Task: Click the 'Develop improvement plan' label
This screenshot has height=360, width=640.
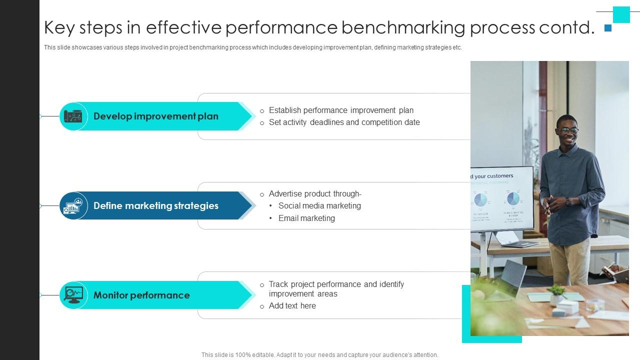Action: click(x=155, y=116)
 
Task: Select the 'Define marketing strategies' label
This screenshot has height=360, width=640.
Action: click(x=155, y=206)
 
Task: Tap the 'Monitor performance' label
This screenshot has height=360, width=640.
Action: click(x=141, y=295)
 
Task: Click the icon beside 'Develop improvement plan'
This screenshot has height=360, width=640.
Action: click(x=73, y=116)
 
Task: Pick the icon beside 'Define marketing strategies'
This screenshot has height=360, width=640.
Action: click(x=73, y=205)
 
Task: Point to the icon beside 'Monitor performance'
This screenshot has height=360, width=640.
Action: click(x=73, y=295)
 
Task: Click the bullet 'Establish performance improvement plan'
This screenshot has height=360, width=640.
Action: click(x=341, y=110)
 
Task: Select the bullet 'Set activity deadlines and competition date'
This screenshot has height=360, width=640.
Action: click(x=344, y=122)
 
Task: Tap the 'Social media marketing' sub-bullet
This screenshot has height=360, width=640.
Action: click(x=319, y=206)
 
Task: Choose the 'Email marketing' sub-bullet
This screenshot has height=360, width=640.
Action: click(x=306, y=218)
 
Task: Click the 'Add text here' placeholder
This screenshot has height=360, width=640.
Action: click(x=292, y=306)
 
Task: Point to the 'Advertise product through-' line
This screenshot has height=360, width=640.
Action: click(x=315, y=194)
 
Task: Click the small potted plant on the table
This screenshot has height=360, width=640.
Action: click(x=556, y=293)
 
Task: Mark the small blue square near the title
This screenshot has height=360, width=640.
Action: click(x=608, y=28)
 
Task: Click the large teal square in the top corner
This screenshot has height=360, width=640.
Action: click(x=621, y=14)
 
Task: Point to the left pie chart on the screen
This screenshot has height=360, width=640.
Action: click(x=480, y=200)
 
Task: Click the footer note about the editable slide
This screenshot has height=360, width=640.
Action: click(x=319, y=355)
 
